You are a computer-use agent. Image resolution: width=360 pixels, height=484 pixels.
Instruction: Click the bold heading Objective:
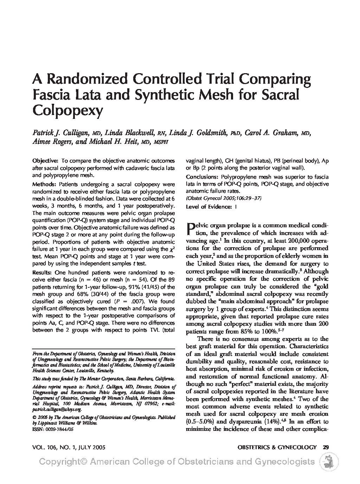point(45,160)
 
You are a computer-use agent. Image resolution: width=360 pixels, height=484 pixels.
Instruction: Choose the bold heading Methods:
point(44,184)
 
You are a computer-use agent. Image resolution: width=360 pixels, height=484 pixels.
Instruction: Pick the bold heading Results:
point(42,272)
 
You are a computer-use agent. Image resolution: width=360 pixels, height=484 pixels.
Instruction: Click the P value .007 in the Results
point(133,301)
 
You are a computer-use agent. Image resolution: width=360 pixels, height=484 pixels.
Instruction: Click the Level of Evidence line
point(211,207)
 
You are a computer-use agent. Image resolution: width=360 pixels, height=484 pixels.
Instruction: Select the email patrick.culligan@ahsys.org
point(57,409)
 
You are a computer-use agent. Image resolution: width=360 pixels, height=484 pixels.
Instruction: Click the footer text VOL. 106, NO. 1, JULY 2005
point(69,447)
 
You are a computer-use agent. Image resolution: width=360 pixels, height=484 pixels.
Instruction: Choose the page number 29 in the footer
point(326,447)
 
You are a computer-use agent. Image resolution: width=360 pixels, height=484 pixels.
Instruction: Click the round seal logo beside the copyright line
point(328,461)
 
